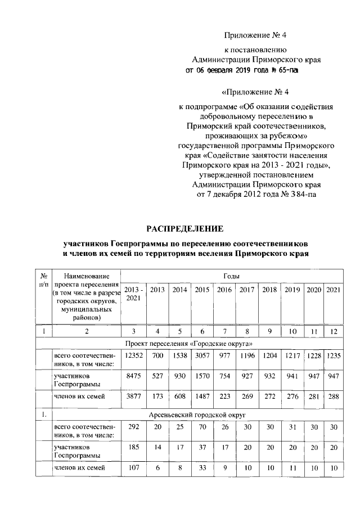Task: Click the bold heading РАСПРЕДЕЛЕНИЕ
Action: (x=184, y=228)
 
